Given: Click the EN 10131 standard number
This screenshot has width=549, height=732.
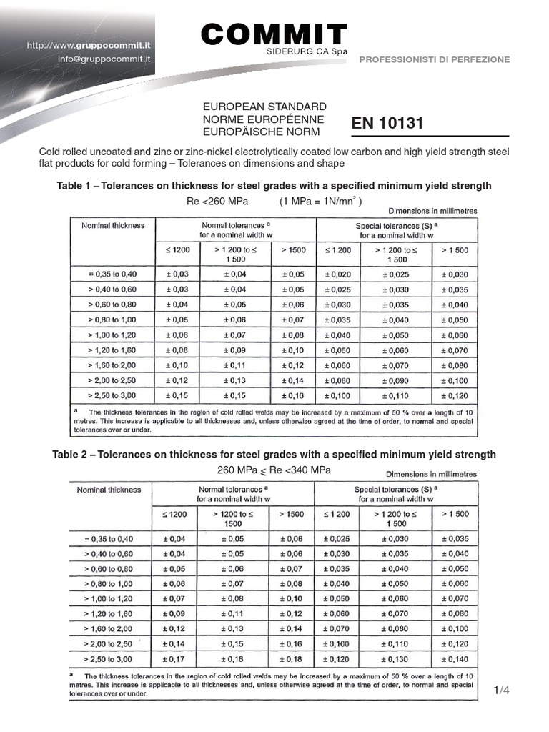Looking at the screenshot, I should (x=387, y=124).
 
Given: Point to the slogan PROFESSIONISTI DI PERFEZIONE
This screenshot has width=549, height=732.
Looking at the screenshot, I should (x=434, y=60).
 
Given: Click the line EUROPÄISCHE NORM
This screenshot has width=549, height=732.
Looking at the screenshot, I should (x=262, y=132).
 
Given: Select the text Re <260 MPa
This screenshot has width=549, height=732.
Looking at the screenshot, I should (x=212, y=201).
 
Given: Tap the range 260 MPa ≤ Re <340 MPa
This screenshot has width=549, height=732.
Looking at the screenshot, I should (x=274, y=470).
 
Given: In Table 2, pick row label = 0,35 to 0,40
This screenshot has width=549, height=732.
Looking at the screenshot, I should (x=109, y=538).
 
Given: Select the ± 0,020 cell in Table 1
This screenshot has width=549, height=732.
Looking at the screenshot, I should (x=338, y=274).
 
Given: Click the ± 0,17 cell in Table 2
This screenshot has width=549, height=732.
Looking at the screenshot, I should (x=174, y=659).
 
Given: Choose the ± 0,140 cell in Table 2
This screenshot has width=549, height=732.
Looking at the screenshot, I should (x=455, y=659).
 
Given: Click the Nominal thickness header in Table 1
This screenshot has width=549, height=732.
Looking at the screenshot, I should (x=113, y=225).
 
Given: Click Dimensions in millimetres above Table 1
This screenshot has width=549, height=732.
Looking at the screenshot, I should (x=432, y=212).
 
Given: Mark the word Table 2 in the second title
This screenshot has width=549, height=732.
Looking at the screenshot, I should (x=71, y=455).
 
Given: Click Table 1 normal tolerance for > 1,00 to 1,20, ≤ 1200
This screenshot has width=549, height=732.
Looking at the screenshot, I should (x=177, y=335).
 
